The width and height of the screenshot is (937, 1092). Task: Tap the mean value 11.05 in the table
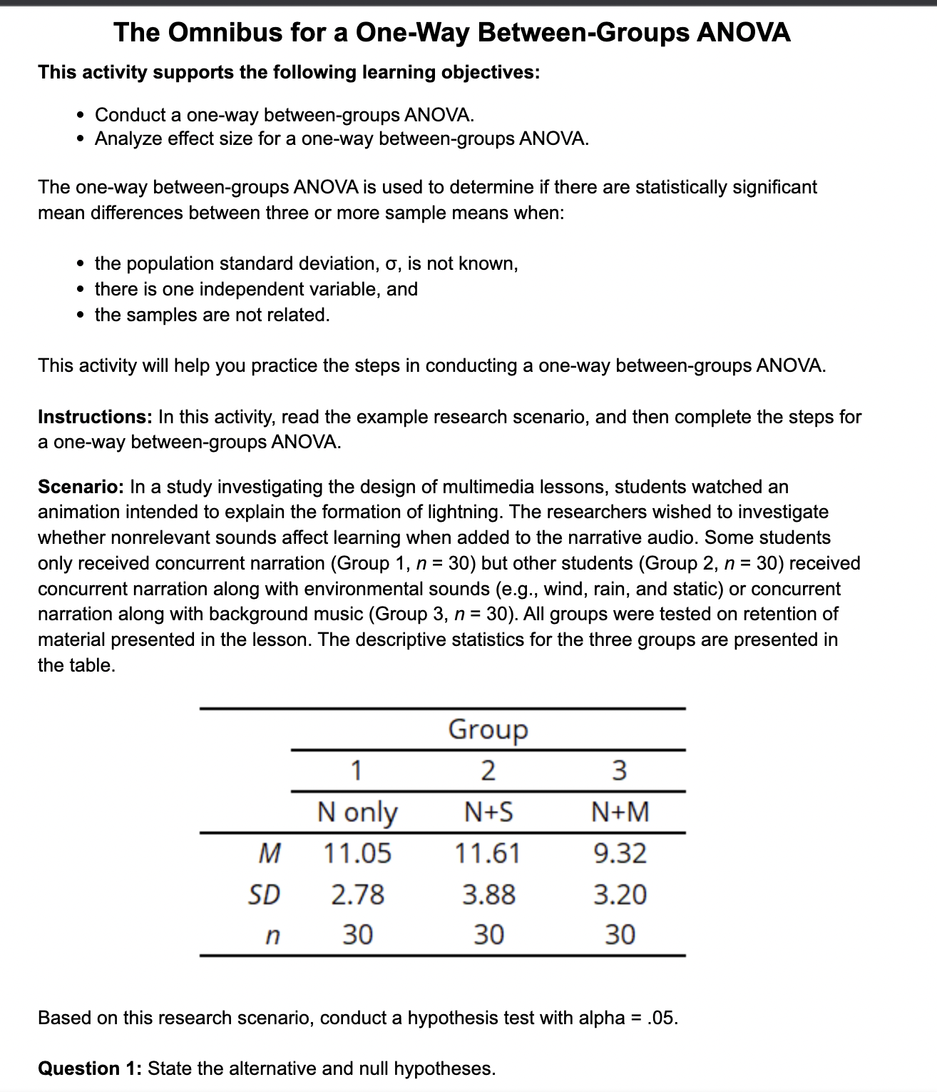pos(357,853)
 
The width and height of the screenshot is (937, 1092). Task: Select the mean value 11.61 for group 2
pos(488,853)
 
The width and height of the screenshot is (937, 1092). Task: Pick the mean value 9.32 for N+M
pos(620,853)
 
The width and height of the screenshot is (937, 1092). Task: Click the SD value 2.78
pos(357,894)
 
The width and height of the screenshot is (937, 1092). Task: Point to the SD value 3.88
pos(488,894)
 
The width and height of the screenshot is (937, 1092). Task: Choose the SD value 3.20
pos(620,894)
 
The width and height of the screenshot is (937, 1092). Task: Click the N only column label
pos(357,812)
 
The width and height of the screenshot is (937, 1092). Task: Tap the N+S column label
pos(488,812)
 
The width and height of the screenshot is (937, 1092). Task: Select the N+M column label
pos(620,812)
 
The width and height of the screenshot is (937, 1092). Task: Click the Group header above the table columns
pos(488,729)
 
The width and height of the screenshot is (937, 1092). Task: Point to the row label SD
pos(263,894)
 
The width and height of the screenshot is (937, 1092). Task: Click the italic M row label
pos(267,853)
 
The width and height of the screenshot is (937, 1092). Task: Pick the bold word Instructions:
pos(95,417)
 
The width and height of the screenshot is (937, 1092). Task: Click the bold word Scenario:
pos(81,487)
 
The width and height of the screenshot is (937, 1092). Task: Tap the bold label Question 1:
pos(90,1068)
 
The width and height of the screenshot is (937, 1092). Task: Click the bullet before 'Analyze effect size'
pos(82,138)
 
